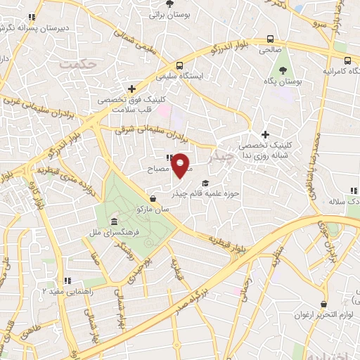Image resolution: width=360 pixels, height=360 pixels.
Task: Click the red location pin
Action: (x=181, y=165)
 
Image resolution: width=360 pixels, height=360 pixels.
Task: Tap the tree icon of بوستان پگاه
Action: (x=282, y=70)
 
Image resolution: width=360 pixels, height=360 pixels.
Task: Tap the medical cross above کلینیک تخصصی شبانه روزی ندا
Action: (x=264, y=134)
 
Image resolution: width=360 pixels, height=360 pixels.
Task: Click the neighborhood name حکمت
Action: (x=77, y=65)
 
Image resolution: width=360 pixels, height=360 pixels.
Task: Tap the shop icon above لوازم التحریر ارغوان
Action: (x=323, y=304)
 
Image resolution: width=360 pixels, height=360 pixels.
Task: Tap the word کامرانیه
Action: (x=343, y=72)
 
